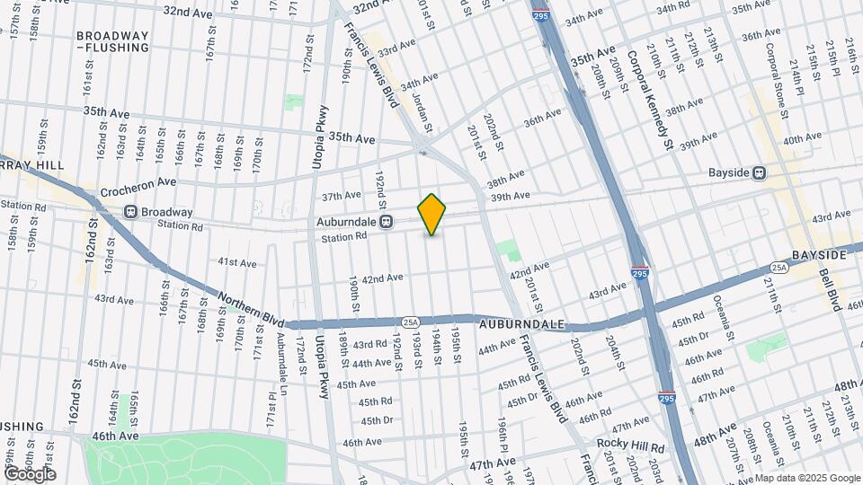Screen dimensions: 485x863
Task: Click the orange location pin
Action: coord(432,214)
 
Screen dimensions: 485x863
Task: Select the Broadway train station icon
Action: coord(130,212)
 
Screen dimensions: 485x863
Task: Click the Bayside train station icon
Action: coord(760,172)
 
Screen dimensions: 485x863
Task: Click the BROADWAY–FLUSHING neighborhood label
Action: coord(112,41)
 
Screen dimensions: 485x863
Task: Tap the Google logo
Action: coord(30,473)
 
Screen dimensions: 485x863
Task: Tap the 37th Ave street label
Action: coord(341,196)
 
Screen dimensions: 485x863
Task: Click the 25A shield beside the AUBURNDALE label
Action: coord(411,321)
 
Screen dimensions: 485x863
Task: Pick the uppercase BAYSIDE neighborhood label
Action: coord(820,255)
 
